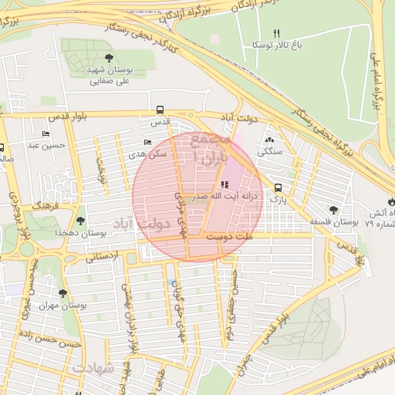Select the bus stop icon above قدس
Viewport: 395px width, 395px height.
click(x=160, y=110)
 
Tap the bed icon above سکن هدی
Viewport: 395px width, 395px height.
click(x=148, y=143)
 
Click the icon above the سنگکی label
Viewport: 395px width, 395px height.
click(x=269, y=140)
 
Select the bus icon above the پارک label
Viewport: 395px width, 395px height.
click(x=278, y=187)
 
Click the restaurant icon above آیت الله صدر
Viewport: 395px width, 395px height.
click(x=224, y=184)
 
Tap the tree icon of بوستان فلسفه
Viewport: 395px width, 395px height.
click(x=333, y=209)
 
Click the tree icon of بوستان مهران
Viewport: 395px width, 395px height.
click(x=62, y=293)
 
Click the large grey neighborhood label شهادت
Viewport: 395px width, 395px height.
click(x=94, y=369)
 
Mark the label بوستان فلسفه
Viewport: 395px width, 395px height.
click(x=333, y=222)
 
